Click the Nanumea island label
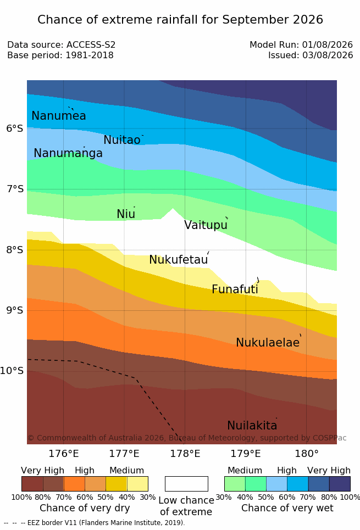coord(58,115)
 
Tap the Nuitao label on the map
coord(122,140)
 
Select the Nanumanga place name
coord(68,153)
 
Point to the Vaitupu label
coord(206,225)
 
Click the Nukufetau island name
coord(178,260)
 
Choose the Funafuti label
coord(235,289)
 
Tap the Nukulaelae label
coord(268,342)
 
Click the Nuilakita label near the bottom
coord(252,425)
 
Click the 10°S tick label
coord(12,371)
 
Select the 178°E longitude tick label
coord(185,454)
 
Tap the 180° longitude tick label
coord(307,454)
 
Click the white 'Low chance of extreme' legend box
coord(186,484)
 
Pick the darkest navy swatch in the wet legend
coord(340,484)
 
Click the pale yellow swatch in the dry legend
coord(137,484)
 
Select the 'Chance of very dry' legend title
coord(85,508)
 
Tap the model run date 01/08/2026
coord(328,44)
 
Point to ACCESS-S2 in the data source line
coord(91,44)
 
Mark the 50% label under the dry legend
coord(105,497)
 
